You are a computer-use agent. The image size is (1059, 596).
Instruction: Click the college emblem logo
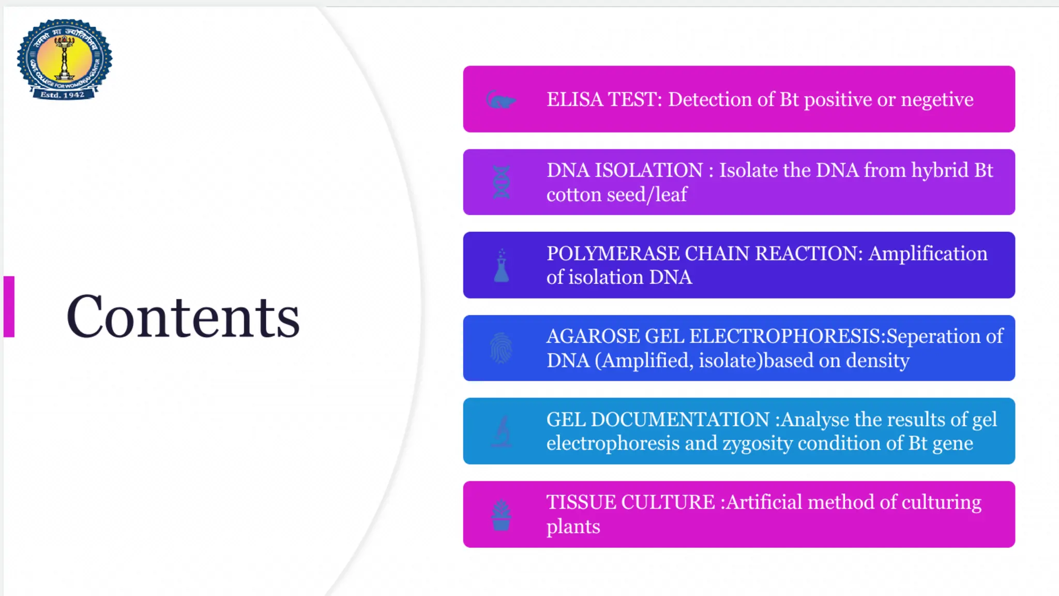click(64, 58)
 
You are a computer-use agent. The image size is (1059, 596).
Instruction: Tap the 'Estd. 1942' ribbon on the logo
click(63, 95)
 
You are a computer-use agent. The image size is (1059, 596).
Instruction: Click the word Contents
click(183, 316)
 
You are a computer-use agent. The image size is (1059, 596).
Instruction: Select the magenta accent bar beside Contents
click(9, 307)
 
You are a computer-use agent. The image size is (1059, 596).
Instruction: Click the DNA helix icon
click(501, 182)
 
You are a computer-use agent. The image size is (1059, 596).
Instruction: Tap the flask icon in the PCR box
click(501, 266)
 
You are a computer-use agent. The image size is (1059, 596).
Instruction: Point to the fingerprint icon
click(501, 348)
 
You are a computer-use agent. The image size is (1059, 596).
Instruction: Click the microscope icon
click(501, 431)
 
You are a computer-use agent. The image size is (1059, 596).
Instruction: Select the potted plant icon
click(501, 515)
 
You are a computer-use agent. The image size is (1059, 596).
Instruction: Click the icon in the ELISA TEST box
click(500, 99)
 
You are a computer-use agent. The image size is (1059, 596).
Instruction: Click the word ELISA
click(574, 99)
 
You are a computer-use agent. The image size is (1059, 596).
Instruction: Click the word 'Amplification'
click(928, 254)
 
